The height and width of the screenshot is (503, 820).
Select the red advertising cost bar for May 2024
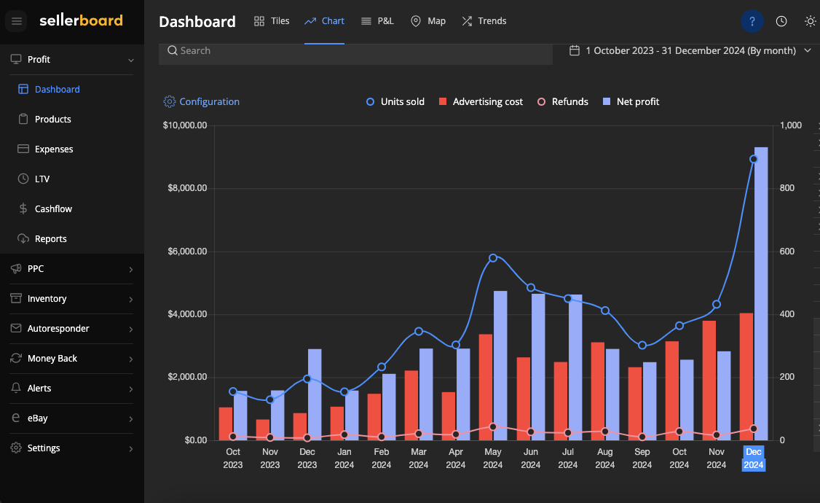click(485, 386)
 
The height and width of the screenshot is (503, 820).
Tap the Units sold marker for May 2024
click(493, 258)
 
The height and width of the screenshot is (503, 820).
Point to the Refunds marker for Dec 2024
click(754, 429)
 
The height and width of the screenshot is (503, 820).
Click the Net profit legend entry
click(631, 102)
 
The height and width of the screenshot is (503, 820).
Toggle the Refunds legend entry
click(562, 102)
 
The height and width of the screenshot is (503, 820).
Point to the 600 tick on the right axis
click(787, 251)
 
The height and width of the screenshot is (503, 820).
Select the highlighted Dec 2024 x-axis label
click(754, 459)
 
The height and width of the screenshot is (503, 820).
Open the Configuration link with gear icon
click(202, 102)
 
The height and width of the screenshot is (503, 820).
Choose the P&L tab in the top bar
click(377, 21)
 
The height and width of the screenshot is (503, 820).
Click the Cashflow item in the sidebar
click(53, 209)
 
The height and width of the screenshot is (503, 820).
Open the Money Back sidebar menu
click(52, 359)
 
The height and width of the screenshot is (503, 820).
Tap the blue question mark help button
click(752, 21)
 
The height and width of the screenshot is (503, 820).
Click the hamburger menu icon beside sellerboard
click(17, 21)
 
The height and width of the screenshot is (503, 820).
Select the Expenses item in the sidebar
click(54, 149)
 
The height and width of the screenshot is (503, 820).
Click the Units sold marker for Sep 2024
click(642, 346)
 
